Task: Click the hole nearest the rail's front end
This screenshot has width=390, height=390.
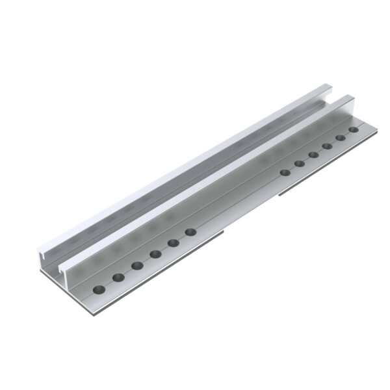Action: click(x=99, y=289)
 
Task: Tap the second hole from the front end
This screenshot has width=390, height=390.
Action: click(x=118, y=278)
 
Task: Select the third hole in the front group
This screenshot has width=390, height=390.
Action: click(x=137, y=265)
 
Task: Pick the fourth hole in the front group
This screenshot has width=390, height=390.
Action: click(x=155, y=254)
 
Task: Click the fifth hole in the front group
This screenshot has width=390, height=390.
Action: click(x=174, y=243)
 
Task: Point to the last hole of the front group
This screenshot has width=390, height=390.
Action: click(x=190, y=232)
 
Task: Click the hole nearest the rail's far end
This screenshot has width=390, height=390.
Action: click(x=354, y=130)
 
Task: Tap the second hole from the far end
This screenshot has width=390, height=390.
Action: click(x=341, y=138)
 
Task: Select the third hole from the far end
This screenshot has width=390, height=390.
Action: click(x=327, y=146)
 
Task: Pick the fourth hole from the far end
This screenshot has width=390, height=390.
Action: click(x=313, y=155)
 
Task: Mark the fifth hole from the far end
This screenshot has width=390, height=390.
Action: click(x=300, y=163)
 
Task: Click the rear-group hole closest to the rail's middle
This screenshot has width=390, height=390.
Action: click(x=285, y=172)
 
